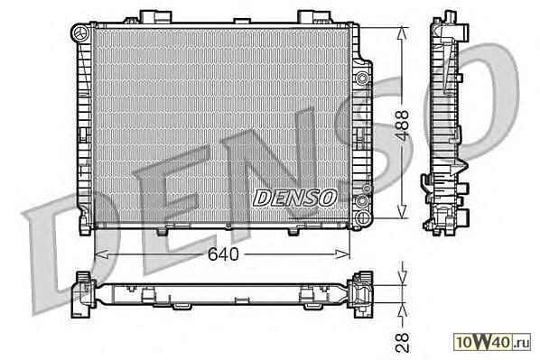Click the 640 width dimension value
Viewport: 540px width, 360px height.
[223, 254]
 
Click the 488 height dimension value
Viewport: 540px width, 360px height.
[402, 125]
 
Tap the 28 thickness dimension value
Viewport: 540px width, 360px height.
[402, 342]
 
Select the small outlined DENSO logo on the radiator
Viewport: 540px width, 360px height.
[294, 198]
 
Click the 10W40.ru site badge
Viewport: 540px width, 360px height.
[492, 342]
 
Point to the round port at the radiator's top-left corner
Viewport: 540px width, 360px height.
[81, 32]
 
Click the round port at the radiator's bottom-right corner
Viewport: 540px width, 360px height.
[363, 217]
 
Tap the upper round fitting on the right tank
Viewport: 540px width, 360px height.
[362, 78]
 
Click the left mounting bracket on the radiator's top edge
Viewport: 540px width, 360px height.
[155, 16]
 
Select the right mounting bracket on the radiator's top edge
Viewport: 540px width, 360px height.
[313, 16]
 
